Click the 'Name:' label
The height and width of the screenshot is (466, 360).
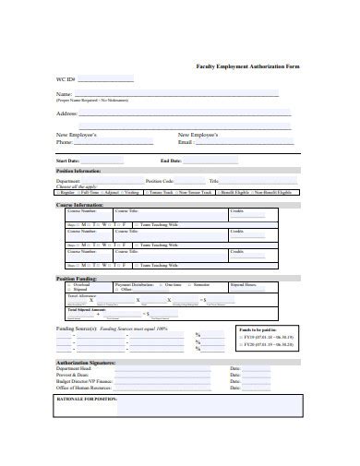point(65,94)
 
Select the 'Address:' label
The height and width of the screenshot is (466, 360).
point(67,114)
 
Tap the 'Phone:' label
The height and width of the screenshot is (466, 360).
point(65,143)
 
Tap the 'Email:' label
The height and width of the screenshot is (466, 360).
point(186,143)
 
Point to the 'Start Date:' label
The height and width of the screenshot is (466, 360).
point(68,161)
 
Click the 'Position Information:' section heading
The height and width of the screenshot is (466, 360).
point(78,171)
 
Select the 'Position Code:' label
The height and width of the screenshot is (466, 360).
point(161,181)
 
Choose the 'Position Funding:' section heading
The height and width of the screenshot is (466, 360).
point(77,278)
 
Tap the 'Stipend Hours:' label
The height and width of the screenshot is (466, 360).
point(244,285)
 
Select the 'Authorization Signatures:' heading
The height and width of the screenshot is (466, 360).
point(84,364)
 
